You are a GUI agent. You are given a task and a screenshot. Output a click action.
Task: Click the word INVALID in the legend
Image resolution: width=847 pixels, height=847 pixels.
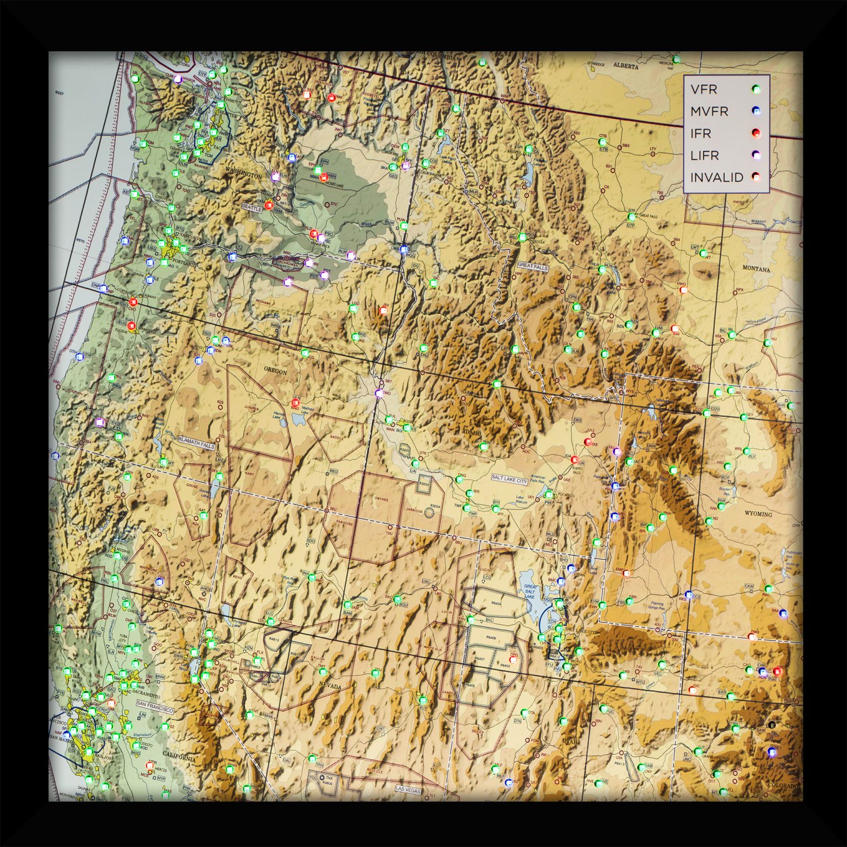716,178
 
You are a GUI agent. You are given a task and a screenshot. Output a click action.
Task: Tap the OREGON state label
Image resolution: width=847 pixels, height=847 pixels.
275,372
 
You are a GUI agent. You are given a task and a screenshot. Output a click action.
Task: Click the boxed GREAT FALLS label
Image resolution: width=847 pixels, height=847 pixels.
533,266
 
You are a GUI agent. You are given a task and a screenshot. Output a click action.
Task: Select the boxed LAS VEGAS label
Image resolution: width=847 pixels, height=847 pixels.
408,790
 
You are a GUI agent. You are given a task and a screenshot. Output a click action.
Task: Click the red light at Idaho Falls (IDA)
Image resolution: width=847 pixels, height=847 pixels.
575,459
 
